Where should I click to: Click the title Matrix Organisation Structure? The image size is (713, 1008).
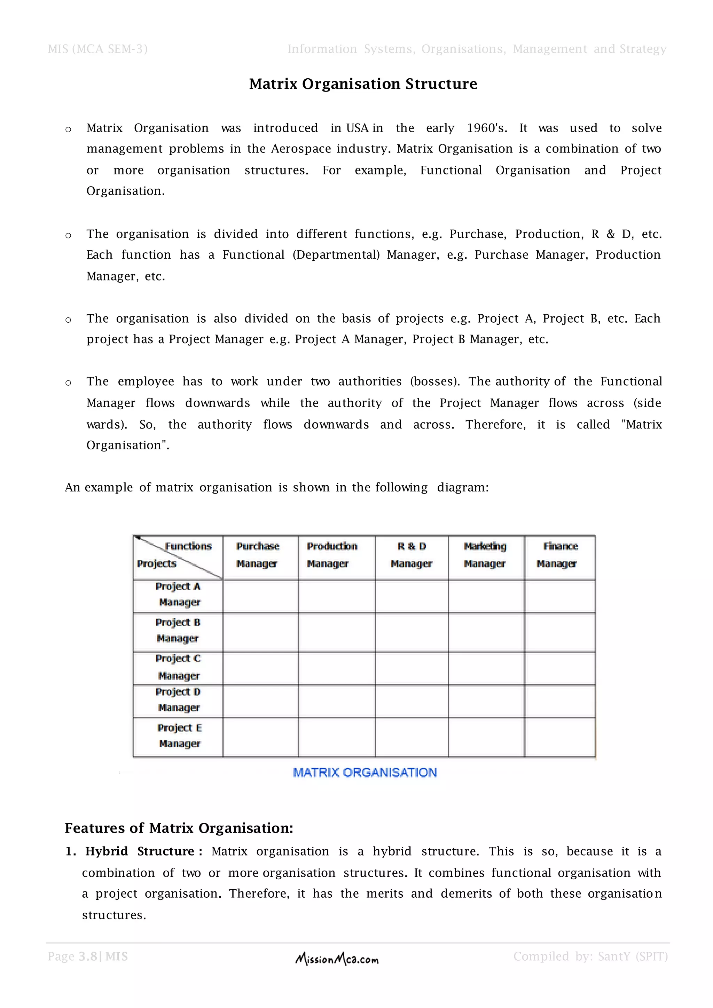pos(363,84)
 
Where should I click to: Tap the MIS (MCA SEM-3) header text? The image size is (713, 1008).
pos(97,49)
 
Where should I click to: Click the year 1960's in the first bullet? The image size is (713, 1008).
pos(486,128)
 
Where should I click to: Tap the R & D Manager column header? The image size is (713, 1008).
pos(412,554)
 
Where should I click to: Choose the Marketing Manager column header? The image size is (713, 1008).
pos(485,554)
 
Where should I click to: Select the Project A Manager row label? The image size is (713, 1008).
pos(178,594)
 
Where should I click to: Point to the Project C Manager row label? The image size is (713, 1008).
pos(178,667)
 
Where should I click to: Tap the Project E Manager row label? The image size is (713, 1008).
pos(179,735)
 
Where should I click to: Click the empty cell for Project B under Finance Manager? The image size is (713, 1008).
pos(559,632)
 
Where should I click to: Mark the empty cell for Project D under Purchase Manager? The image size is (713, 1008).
pos(260,701)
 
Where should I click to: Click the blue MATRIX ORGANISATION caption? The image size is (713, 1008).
pos(365,773)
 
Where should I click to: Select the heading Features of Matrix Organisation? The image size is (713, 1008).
pos(179,828)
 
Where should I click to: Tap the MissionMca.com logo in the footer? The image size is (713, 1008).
pos(337,959)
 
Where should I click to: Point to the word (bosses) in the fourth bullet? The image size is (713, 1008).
pos(434,381)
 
